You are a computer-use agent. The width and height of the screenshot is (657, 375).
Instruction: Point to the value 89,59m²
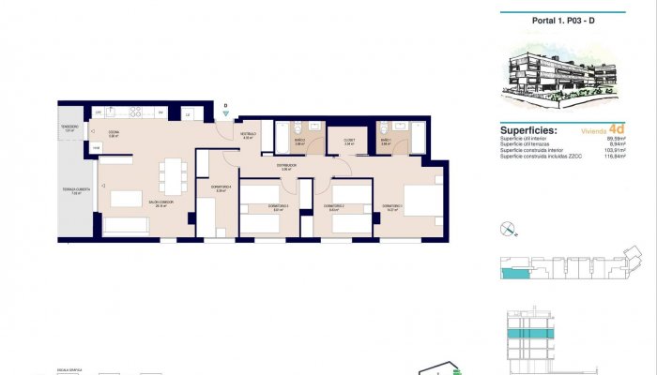(x=616, y=139)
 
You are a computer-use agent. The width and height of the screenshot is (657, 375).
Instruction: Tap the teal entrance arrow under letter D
(x=225, y=114)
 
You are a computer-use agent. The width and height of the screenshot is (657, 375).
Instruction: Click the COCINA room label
(x=113, y=133)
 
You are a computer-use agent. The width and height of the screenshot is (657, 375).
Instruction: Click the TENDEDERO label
(x=69, y=127)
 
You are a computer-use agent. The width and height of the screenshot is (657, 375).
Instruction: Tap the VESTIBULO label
(x=248, y=134)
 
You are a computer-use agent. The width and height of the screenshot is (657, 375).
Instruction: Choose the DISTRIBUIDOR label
(x=286, y=165)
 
